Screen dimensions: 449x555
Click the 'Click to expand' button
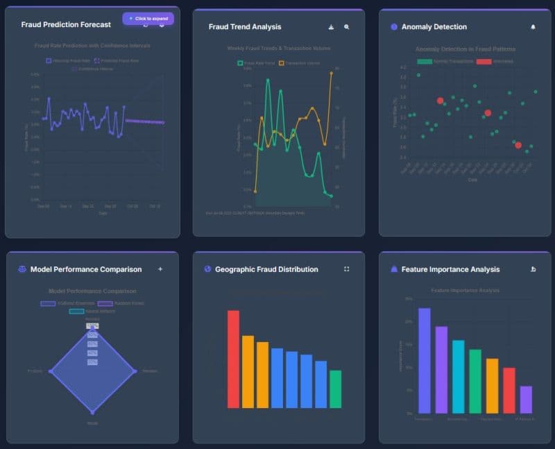point(148,18)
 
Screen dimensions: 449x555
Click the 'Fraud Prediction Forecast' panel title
point(66,24)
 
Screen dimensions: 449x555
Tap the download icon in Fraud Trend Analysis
point(331,27)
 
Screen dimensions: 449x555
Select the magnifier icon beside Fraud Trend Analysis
point(347,27)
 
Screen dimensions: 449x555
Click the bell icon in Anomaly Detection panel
point(533,27)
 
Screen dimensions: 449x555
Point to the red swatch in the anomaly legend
point(484,62)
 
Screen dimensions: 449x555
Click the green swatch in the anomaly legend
point(425,62)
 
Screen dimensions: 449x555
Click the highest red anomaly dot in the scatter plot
point(440,101)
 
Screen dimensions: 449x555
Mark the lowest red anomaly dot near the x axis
point(518,145)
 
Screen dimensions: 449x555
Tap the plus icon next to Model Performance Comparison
point(160,269)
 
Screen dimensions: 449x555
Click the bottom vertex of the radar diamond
point(92,412)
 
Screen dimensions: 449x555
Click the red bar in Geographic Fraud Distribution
point(233,359)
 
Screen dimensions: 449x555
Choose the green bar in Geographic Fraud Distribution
point(335,389)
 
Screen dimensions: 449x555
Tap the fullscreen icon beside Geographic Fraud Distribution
point(347,269)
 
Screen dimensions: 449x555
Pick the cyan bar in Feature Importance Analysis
point(458,375)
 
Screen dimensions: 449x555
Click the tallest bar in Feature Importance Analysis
point(424,359)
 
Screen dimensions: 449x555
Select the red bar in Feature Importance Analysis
point(509,389)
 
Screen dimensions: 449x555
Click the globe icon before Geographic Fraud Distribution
point(207,269)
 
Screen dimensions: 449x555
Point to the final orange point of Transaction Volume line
point(331,73)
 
